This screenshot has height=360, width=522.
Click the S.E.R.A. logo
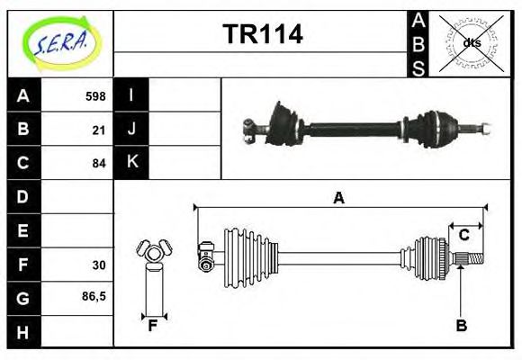pyautogui.click(x=60, y=43)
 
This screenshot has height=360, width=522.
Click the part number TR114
pyautogui.click(x=262, y=34)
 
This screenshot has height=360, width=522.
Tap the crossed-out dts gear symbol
pyautogui.click(x=470, y=42)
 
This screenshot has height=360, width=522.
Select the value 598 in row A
pyautogui.click(x=95, y=96)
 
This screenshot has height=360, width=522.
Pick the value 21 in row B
pyautogui.click(x=99, y=130)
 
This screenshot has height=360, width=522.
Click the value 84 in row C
pyautogui.click(x=99, y=163)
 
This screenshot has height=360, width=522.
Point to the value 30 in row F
pyautogui.click(x=99, y=265)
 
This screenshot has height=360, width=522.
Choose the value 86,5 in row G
pyautogui.click(x=94, y=296)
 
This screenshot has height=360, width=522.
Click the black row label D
pyautogui.click(x=23, y=196)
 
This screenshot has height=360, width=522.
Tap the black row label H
pyautogui.click(x=23, y=331)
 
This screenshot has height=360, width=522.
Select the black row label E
pyautogui.click(x=23, y=230)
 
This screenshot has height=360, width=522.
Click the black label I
pyautogui.click(x=131, y=95)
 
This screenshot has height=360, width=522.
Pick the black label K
pyautogui.click(x=131, y=163)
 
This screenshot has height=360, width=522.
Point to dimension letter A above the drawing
pyautogui.click(x=338, y=199)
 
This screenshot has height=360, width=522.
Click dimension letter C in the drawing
pyautogui.click(x=464, y=235)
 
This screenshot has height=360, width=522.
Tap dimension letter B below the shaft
pyautogui.click(x=461, y=326)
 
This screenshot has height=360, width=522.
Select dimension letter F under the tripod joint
pyautogui.click(x=153, y=326)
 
